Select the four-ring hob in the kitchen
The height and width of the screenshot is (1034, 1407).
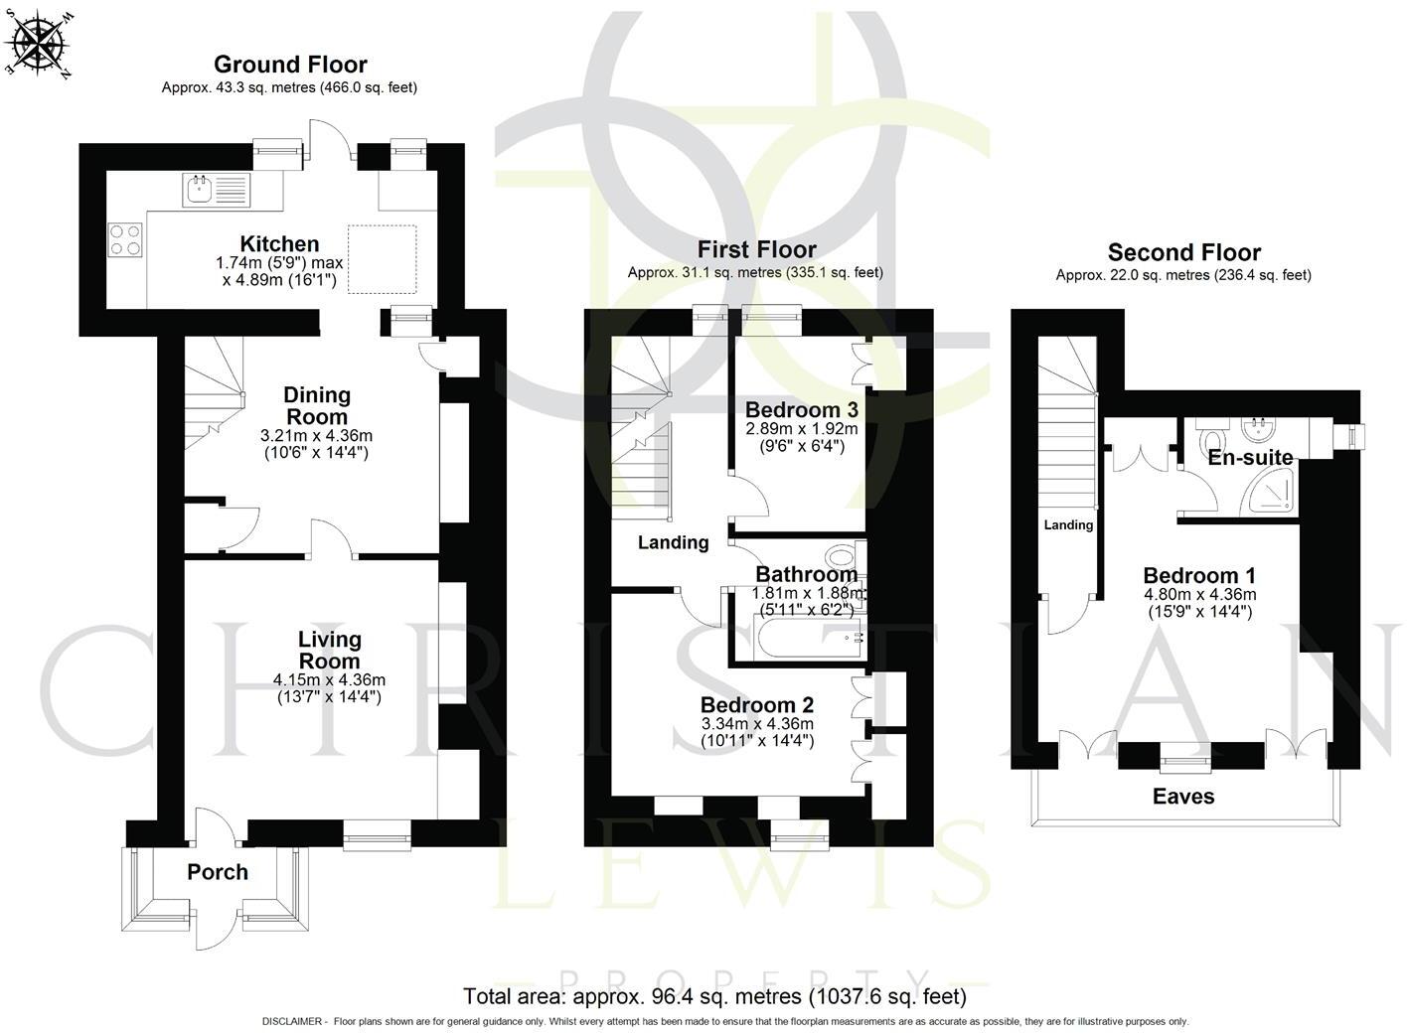pos(125,238)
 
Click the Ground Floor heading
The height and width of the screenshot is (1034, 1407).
pos(290,65)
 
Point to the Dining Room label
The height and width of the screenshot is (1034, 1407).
pos(317,406)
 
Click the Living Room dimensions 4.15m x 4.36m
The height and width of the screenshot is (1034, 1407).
pos(329,680)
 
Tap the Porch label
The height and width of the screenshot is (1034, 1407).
pos(218,872)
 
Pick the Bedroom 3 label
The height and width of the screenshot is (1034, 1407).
pos(801,409)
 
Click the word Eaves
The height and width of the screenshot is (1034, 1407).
pos(1182,797)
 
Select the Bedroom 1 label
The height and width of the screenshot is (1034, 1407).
pos(1199,576)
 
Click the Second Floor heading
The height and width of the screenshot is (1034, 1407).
pos(1183,252)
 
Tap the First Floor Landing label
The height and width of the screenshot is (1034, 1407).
pos(673,542)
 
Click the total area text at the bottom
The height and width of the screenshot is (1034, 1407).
pos(714,995)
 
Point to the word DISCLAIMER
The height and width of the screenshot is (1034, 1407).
pos(292,1021)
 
